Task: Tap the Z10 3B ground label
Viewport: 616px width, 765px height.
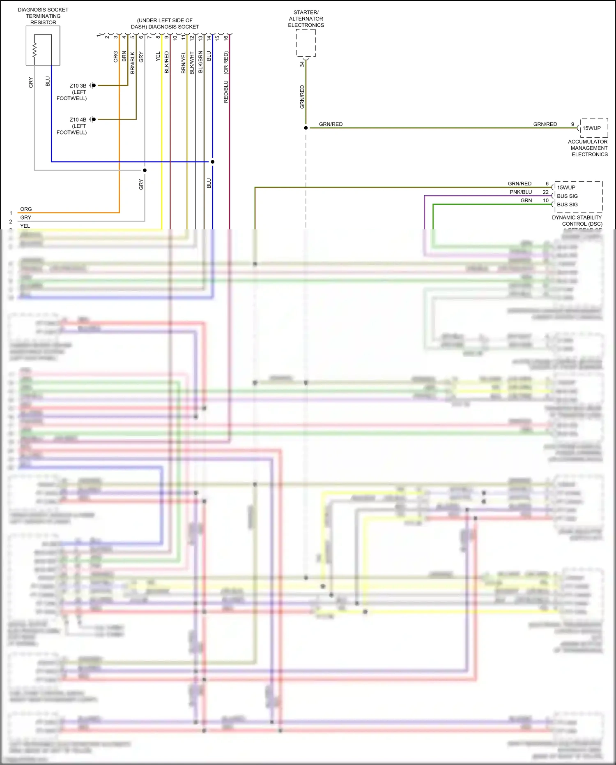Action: click(x=78, y=86)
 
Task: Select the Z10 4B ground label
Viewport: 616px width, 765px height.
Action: click(x=78, y=120)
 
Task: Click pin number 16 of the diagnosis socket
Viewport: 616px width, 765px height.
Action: click(x=225, y=38)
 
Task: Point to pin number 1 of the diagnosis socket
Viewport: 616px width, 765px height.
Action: click(x=98, y=36)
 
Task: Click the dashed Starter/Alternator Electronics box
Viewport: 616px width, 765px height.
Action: click(x=306, y=43)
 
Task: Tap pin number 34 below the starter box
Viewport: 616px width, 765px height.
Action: click(x=302, y=64)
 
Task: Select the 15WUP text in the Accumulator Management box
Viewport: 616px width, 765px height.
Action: click(x=591, y=128)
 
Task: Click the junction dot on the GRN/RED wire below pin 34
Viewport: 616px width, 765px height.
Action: click(x=306, y=128)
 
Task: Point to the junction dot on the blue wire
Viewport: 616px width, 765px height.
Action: click(x=212, y=162)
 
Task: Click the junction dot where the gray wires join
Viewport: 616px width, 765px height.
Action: click(x=145, y=170)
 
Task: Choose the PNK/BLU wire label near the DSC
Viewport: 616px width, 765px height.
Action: click(x=521, y=192)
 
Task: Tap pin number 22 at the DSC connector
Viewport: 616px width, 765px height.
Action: click(x=545, y=192)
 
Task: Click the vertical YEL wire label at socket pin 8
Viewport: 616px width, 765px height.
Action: click(x=158, y=57)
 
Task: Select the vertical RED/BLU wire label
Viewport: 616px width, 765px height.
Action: click(x=226, y=91)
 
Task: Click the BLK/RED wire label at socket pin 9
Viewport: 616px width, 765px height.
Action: click(x=166, y=62)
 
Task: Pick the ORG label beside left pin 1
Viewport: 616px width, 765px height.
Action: click(x=26, y=209)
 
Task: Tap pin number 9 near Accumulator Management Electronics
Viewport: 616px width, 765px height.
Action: click(x=572, y=124)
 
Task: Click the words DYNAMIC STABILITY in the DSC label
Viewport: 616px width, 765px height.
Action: click(x=577, y=217)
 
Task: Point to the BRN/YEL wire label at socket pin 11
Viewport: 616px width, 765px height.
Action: click(x=184, y=62)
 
